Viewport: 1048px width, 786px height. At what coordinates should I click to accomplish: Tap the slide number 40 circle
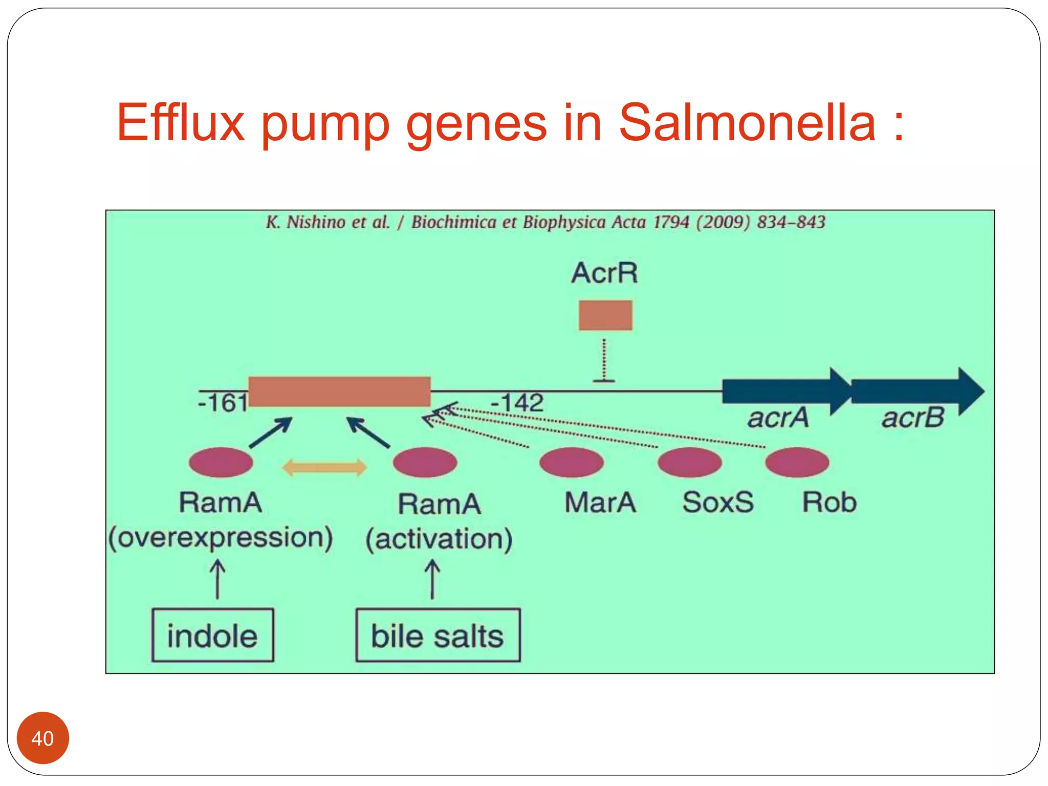click(x=42, y=738)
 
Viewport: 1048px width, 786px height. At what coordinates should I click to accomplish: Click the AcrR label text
click(x=604, y=273)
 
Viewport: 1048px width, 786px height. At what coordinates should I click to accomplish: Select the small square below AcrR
click(x=605, y=315)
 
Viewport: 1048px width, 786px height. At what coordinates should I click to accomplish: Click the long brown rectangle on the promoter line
click(x=339, y=391)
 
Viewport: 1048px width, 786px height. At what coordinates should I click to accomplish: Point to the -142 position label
click(x=517, y=402)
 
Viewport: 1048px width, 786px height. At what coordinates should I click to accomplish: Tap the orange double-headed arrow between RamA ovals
click(x=324, y=467)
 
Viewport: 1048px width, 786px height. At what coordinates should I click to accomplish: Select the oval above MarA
click(x=572, y=462)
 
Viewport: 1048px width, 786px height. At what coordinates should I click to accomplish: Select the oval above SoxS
click(x=689, y=462)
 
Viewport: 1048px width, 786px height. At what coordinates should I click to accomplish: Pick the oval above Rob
click(x=797, y=462)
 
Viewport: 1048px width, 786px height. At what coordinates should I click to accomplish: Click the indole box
click(x=212, y=635)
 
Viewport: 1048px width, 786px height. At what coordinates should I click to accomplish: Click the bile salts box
click(x=438, y=635)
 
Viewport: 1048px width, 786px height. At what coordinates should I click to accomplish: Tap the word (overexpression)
click(x=221, y=537)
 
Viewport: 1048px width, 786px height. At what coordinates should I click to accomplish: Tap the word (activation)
click(x=439, y=539)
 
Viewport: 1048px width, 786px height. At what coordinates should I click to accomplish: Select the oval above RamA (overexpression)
click(x=221, y=462)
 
